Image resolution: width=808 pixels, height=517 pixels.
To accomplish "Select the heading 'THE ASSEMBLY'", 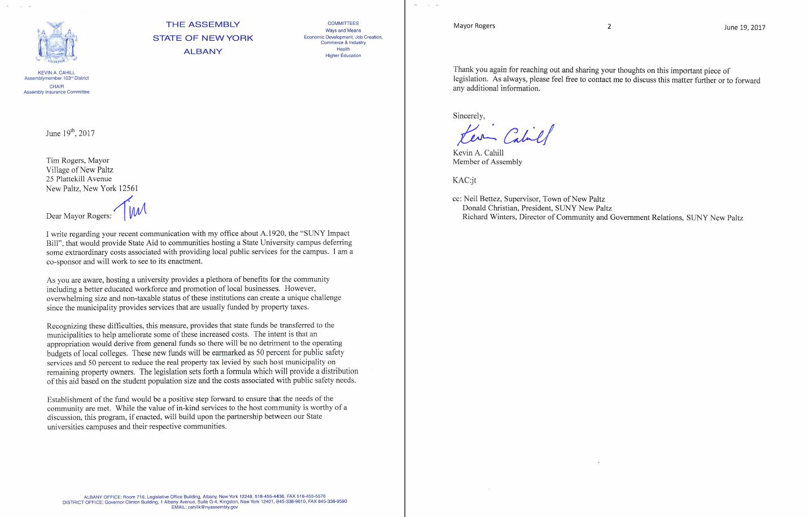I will coord(203,24).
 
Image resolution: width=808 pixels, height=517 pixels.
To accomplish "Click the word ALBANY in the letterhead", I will coord(203,51).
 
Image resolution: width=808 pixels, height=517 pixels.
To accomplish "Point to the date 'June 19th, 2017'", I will coord(70,133).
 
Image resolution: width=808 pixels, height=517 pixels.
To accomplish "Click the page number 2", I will coord(609,27).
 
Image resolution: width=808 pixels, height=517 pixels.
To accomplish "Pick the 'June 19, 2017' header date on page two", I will coord(744,27).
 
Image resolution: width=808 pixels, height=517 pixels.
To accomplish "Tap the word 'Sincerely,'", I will coord(468,116).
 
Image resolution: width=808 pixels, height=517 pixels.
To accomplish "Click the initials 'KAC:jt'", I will coord(464,180).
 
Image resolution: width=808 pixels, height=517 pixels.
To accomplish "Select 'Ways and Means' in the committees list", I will coord(343,31).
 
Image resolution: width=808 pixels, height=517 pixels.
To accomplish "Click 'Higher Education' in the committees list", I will coord(343,55).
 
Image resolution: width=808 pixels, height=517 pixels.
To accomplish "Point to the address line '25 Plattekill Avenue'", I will coord(79,179).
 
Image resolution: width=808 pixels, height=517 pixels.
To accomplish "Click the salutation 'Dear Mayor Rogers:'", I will coord(79,216).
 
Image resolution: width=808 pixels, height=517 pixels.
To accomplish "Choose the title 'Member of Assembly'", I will coord(487,162).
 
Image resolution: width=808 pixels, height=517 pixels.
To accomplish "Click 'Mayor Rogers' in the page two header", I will coord(474,26).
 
